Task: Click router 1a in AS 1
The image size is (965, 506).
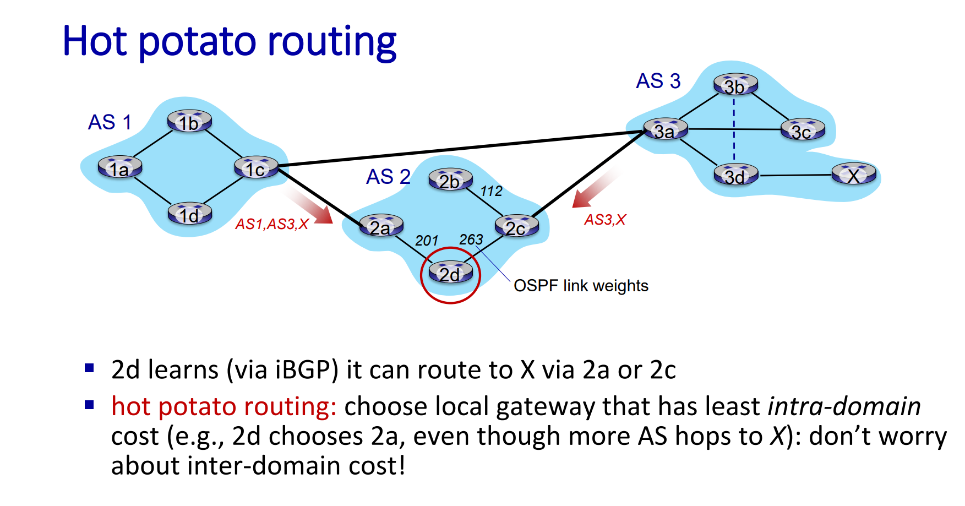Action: (119, 167)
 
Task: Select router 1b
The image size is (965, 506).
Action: (189, 122)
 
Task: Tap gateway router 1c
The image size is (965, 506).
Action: (256, 168)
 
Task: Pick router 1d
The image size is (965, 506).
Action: (189, 214)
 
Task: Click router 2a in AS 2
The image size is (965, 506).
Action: (381, 226)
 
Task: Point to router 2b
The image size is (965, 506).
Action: (450, 180)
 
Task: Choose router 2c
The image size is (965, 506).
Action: (516, 226)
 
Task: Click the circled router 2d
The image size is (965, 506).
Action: (450, 273)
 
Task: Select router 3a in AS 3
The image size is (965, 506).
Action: (665, 130)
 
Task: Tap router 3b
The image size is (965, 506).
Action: (735, 85)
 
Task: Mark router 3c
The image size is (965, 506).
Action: (802, 130)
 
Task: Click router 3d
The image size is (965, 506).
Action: (735, 176)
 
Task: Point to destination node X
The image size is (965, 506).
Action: (853, 175)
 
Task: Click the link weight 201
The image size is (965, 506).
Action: (427, 241)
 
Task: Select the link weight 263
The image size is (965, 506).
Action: (471, 240)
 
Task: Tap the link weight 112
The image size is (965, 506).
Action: (491, 191)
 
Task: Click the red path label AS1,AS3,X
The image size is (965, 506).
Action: (272, 224)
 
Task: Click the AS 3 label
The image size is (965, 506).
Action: (658, 81)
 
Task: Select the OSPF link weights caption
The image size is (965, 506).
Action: (581, 286)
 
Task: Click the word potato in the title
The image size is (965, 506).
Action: (197, 42)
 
